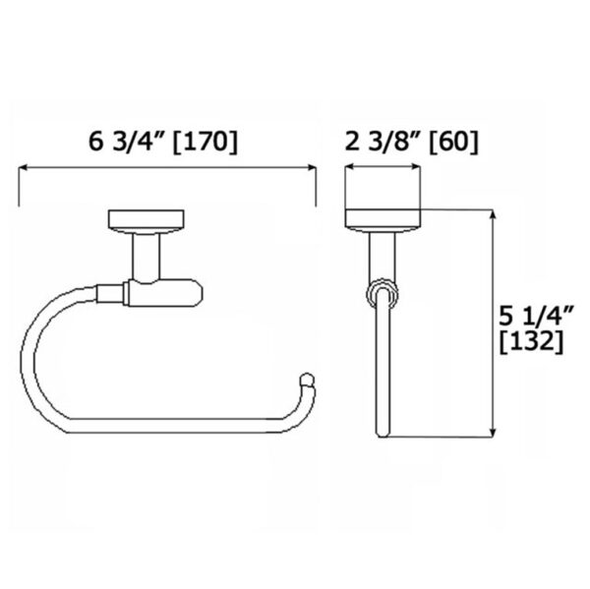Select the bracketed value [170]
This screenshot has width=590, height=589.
click(x=203, y=142)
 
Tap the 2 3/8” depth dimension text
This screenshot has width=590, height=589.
click(x=375, y=142)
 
